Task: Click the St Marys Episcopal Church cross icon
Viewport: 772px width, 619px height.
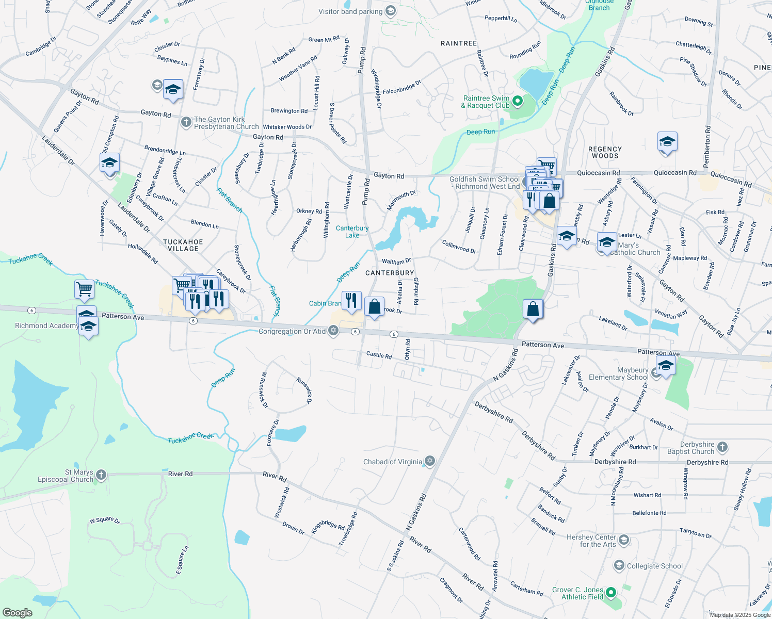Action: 101,475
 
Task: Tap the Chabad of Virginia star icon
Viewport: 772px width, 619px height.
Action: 430,461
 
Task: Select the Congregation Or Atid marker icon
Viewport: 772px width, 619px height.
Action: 333,331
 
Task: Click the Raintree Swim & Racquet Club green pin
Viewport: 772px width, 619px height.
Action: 518,102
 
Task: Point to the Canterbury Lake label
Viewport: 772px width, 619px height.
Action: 352,232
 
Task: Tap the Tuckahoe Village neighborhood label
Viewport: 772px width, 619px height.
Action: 183,245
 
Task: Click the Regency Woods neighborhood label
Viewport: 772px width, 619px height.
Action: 605,152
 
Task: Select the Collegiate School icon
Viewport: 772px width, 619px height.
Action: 619,565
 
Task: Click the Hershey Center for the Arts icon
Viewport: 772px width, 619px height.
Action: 624,540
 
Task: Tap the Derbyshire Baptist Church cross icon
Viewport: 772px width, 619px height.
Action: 722,447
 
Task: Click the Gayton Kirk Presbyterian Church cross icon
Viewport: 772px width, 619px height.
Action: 186,122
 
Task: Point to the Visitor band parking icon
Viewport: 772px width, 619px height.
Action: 391,11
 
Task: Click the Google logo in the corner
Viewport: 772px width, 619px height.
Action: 17,613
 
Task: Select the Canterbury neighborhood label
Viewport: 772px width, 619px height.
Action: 390,273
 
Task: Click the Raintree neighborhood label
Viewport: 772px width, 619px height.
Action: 458,43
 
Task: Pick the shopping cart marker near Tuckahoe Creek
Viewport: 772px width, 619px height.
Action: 84,289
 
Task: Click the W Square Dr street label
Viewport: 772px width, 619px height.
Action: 105,520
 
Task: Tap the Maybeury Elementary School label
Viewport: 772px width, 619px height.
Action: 618,373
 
